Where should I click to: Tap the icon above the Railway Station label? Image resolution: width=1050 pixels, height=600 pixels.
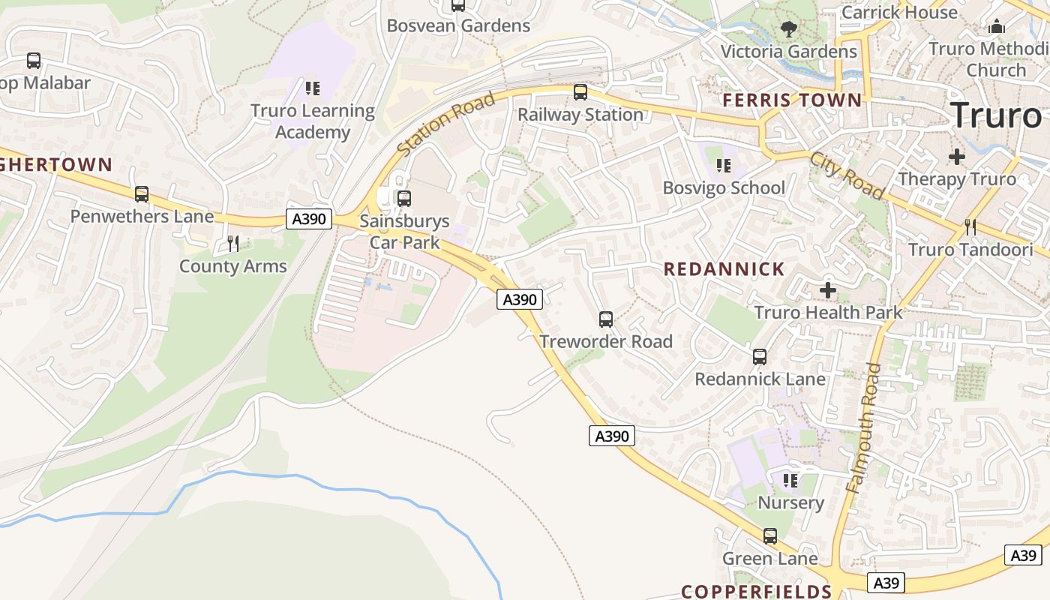click(580, 92)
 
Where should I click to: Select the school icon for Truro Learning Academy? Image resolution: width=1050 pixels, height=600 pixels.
click(313, 88)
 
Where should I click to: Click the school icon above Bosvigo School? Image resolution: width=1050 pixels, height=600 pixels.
click(724, 165)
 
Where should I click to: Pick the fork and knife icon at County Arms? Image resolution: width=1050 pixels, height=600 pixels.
click(233, 243)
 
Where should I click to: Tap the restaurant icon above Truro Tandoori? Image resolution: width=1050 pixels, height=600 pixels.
click(970, 226)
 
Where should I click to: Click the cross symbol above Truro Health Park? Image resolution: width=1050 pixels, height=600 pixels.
click(828, 289)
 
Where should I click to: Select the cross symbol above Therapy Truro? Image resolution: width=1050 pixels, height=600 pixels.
click(956, 157)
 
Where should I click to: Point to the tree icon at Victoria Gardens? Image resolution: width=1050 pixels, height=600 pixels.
click(788, 29)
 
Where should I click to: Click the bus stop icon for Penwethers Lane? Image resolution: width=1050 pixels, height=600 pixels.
click(142, 194)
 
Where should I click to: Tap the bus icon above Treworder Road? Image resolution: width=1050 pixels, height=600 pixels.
click(606, 319)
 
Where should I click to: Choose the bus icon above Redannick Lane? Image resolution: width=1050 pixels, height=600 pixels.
click(760, 357)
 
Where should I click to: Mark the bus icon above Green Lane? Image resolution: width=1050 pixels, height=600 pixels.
click(770, 536)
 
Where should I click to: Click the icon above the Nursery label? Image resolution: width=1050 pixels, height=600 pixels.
click(790, 480)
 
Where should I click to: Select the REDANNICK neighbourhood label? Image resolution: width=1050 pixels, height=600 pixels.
click(724, 269)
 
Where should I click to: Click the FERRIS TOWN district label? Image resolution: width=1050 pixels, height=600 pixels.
click(792, 100)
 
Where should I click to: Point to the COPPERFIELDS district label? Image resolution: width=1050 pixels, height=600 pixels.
click(756, 591)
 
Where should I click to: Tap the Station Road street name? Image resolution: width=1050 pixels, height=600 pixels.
click(446, 124)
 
